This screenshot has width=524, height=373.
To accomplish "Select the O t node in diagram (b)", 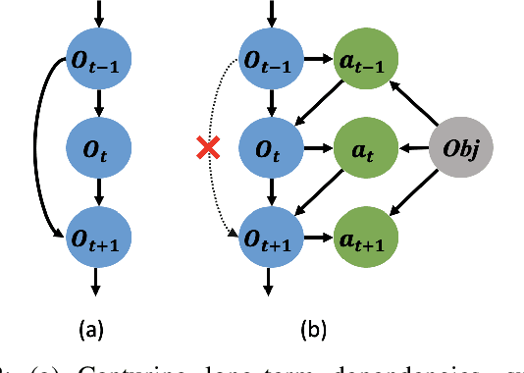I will point(268,149).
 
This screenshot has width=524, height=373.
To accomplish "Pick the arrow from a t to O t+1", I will point(317,194).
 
